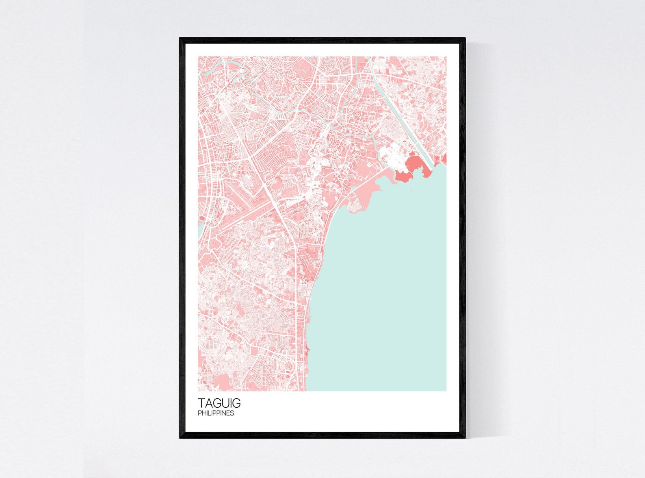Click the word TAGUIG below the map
click(x=219, y=403)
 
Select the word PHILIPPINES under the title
click(x=216, y=413)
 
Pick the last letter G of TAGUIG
click(x=236, y=403)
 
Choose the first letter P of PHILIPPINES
click(x=199, y=413)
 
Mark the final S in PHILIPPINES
click(x=232, y=413)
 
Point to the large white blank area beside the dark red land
click(x=392, y=156)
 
